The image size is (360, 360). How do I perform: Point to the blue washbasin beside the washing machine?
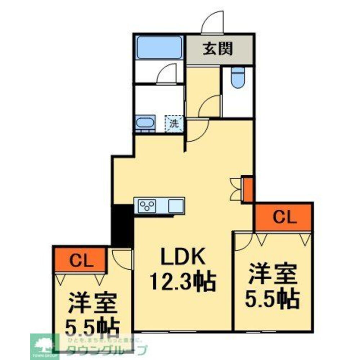point(145,123)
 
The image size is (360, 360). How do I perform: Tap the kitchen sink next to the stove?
point(176,206)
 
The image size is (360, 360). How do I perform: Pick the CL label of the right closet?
point(284,217)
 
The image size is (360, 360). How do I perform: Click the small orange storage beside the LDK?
point(248,189)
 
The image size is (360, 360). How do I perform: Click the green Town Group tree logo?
point(44,346)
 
